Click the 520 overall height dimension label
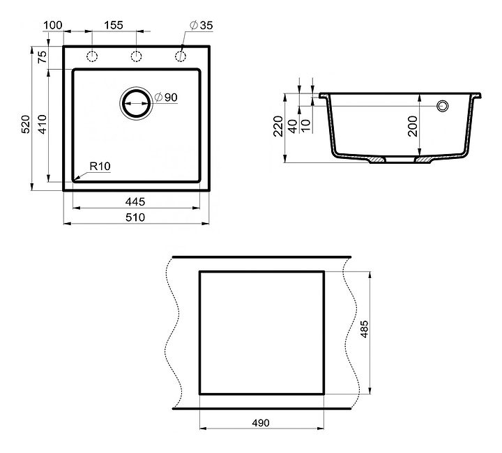26,124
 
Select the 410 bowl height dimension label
43,124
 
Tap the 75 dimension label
43,57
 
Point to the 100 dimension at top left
53,25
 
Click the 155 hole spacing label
114,25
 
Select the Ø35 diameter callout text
201,25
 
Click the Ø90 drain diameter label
166,98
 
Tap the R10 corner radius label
100,167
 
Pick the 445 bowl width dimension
135,202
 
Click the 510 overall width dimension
135,217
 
